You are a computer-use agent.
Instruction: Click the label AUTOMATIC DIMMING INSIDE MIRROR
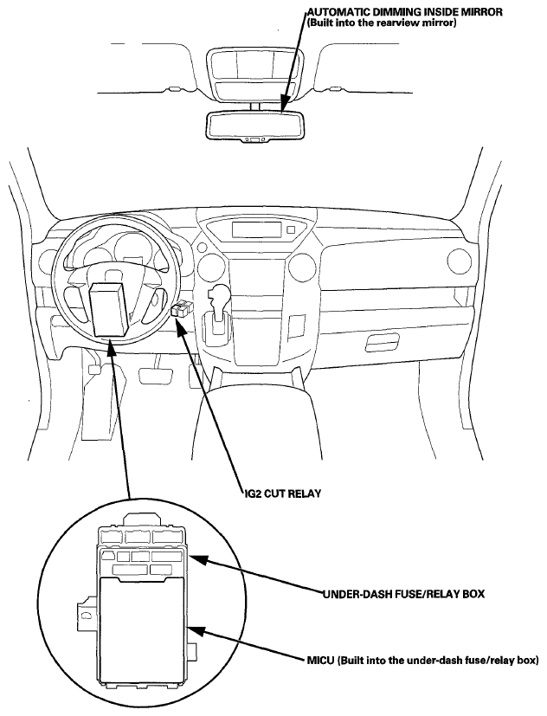(x=404, y=12)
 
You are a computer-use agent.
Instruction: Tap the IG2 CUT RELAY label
(x=281, y=493)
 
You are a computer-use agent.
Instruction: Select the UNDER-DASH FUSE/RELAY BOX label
(x=403, y=594)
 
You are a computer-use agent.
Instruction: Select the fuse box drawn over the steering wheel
(x=109, y=309)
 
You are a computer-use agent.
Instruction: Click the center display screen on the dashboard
(x=256, y=229)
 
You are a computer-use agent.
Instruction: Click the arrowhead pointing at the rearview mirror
(x=284, y=104)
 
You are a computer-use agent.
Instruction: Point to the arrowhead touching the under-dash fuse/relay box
(x=197, y=559)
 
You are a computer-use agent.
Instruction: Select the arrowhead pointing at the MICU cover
(x=196, y=630)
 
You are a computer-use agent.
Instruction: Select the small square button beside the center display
(x=292, y=229)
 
